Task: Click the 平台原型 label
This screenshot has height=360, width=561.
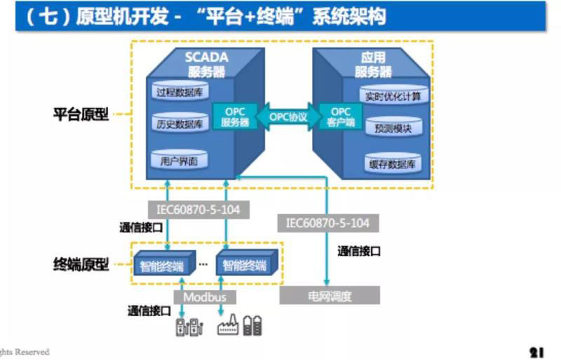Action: point(81,114)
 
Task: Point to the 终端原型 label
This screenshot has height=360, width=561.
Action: point(81,265)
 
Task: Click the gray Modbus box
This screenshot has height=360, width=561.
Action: point(205,297)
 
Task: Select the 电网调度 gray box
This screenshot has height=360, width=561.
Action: point(330,296)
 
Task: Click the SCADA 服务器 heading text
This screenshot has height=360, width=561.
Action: point(206,63)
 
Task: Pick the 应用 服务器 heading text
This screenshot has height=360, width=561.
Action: point(373,64)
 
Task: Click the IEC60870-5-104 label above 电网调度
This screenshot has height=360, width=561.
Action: point(327,223)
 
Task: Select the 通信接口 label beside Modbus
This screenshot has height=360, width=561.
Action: point(149,309)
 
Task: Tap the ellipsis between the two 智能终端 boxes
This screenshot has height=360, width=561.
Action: point(203,265)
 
